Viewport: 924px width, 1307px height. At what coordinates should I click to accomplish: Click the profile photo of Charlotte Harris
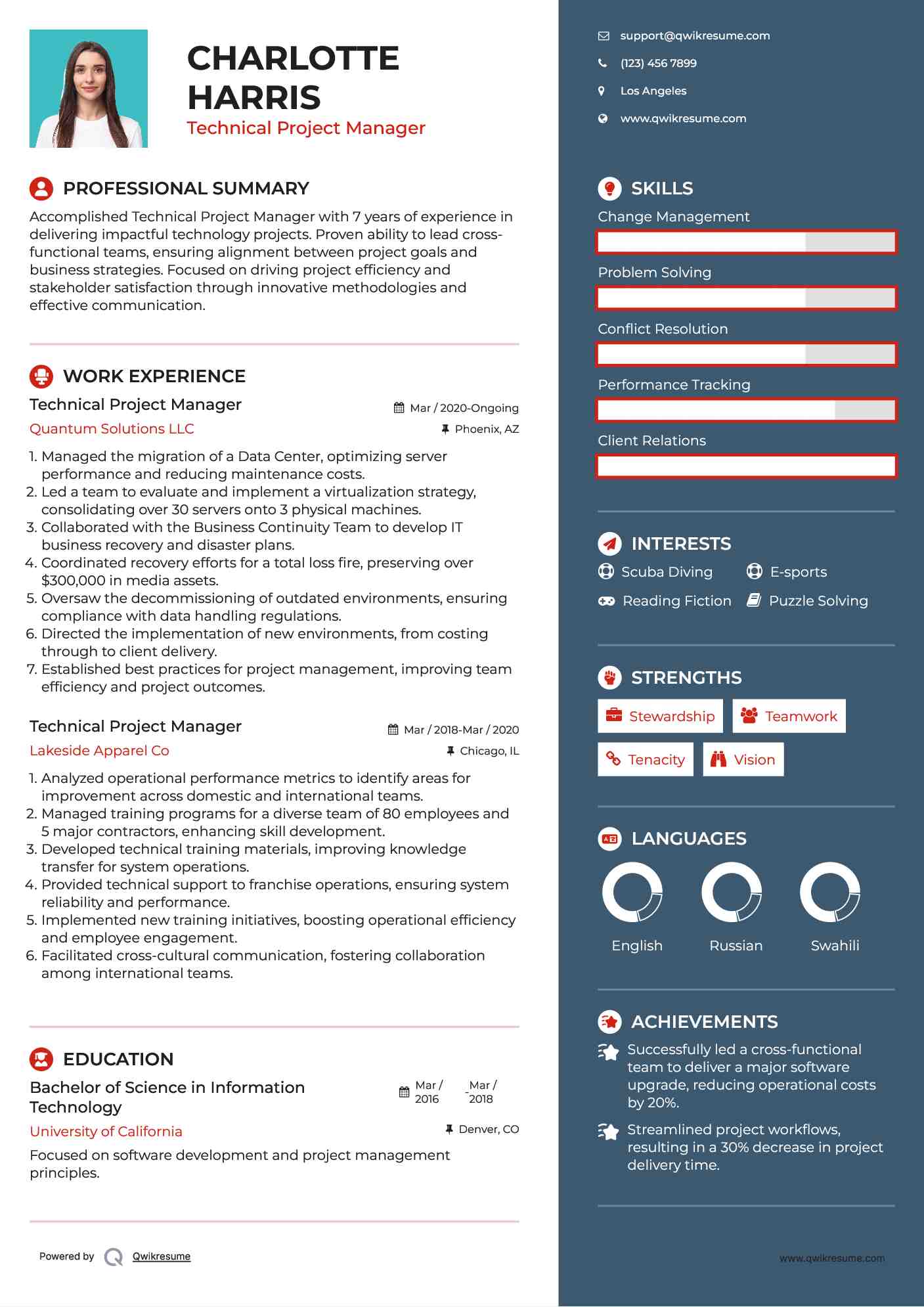pyautogui.click(x=89, y=89)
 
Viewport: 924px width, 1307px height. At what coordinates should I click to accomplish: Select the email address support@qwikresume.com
pyautogui.click(x=695, y=35)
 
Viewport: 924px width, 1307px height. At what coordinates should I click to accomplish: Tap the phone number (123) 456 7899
pyautogui.click(x=658, y=63)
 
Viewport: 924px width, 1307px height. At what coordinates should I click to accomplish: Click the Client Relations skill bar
pyautogui.click(x=746, y=466)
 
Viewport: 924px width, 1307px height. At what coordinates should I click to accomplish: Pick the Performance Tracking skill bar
pyautogui.click(x=746, y=410)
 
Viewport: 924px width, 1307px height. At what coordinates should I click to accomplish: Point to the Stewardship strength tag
pyautogui.click(x=660, y=716)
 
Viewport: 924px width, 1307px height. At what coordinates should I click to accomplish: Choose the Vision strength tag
pyautogui.click(x=743, y=759)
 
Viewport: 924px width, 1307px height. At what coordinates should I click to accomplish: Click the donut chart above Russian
pyautogui.click(x=732, y=892)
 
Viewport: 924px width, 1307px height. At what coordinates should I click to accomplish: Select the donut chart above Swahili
pyautogui.click(x=830, y=892)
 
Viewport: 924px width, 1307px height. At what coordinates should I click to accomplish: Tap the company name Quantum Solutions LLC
pyautogui.click(x=112, y=429)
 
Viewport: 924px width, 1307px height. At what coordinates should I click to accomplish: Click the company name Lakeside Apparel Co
pyautogui.click(x=99, y=751)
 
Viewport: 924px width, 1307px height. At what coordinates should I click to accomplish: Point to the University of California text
pyautogui.click(x=106, y=1131)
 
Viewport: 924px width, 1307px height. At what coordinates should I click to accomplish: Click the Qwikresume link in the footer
pyautogui.click(x=162, y=1256)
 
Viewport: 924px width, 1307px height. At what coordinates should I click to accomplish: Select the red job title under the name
pyautogui.click(x=306, y=128)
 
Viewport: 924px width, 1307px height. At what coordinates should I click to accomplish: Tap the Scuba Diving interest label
pyautogui.click(x=667, y=572)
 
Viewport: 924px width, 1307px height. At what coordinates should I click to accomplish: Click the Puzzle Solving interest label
pyautogui.click(x=818, y=601)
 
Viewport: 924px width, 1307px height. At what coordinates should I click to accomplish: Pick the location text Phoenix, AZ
pyautogui.click(x=487, y=429)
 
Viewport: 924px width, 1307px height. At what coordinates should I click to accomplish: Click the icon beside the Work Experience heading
pyautogui.click(x=41, y=376)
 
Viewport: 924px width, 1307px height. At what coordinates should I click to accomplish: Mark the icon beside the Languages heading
pyautogui.click(x=609, y=839)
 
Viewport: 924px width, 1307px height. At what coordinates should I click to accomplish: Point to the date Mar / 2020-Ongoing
pyautogui.click(x=464, y=408)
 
